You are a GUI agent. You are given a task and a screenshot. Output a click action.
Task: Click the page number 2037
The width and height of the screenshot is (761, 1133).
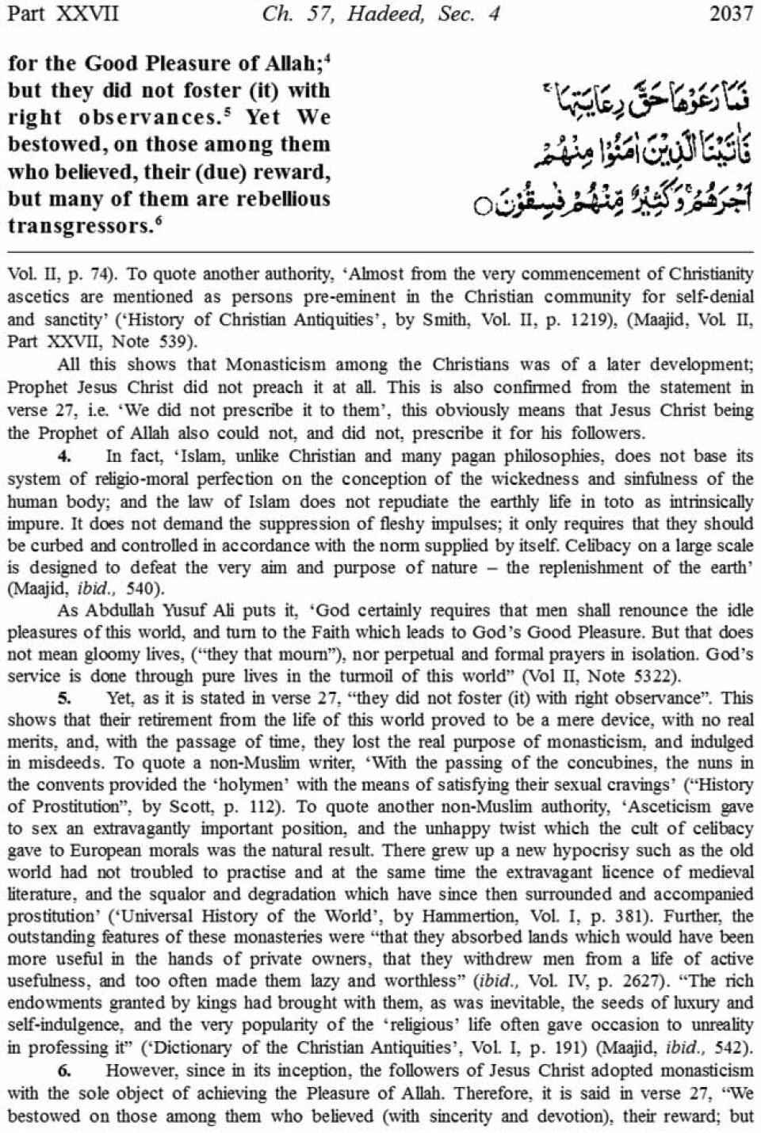[x=731, y=14]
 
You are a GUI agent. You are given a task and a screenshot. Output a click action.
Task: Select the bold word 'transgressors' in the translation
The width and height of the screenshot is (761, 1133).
[x=77, y=226]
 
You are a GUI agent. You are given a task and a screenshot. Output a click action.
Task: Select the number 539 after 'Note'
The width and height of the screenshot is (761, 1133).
[x=174, y=342]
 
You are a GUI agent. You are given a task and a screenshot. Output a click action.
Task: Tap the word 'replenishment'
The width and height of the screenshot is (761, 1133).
[x=570, y=567]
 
